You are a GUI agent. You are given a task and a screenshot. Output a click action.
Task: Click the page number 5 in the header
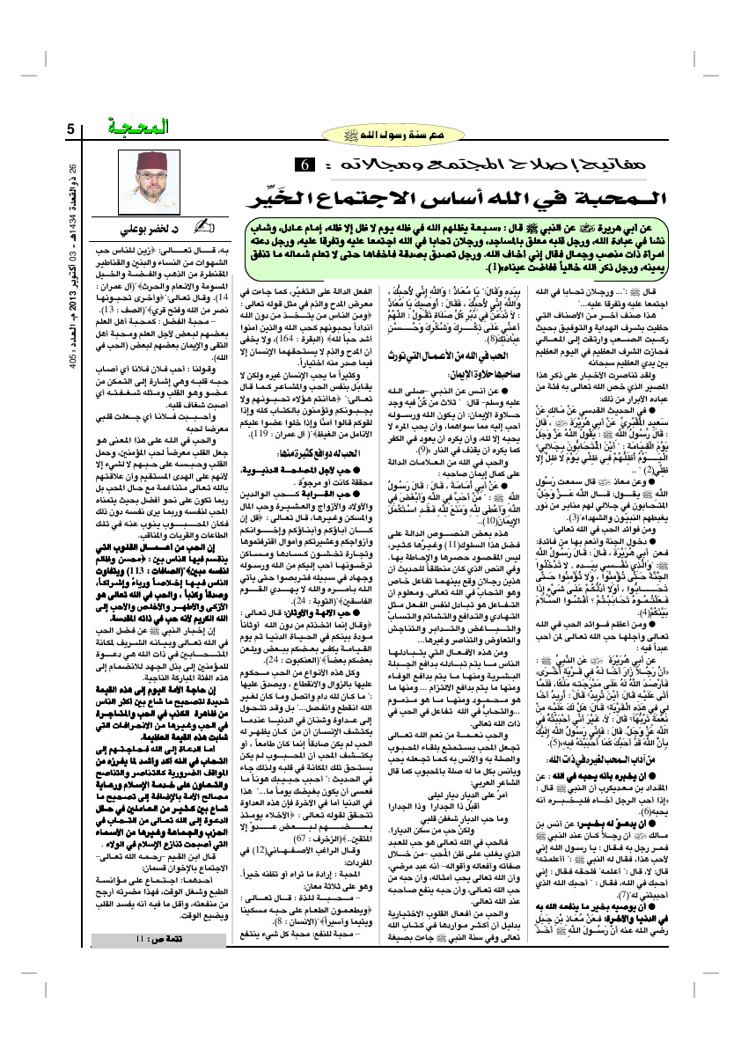tap(70, 130)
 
